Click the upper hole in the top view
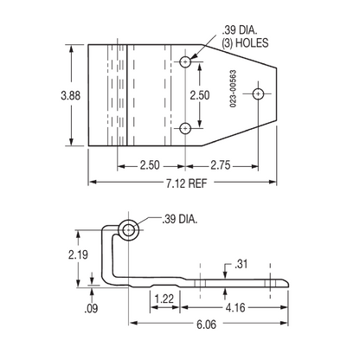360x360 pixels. pyautogui.click(x=186, y=61)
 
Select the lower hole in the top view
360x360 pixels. pyautogui.click(x=186, y=129)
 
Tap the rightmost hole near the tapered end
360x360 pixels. pyautogui.click(x=257, y=94)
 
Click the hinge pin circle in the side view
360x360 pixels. pyautogui.click(x=130, y=229)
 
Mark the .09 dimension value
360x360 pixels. pyautogui.click(x=90, y=307)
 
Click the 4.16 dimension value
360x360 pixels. pyautogui.click(x=233, y=306)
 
